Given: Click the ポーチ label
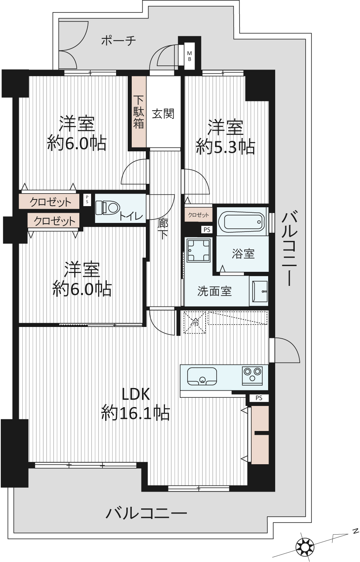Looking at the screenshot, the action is tap(118, 40).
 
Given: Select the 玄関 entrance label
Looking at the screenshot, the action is tap(163, 115).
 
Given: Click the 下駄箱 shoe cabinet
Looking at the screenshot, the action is tap(139, 111).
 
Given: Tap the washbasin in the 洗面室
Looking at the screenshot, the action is tap(260, 291).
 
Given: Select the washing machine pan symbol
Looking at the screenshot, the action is tap(199, 250).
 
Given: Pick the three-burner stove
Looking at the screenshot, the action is tap(252, 375).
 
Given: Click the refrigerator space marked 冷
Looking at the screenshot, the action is tap(195, 322).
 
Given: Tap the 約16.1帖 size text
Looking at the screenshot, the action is tap(136, 413).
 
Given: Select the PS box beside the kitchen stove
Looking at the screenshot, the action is tap(259, 398).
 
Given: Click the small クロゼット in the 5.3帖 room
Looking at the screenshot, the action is tap(198, 215).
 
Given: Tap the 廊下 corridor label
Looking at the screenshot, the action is tap(163, 229).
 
